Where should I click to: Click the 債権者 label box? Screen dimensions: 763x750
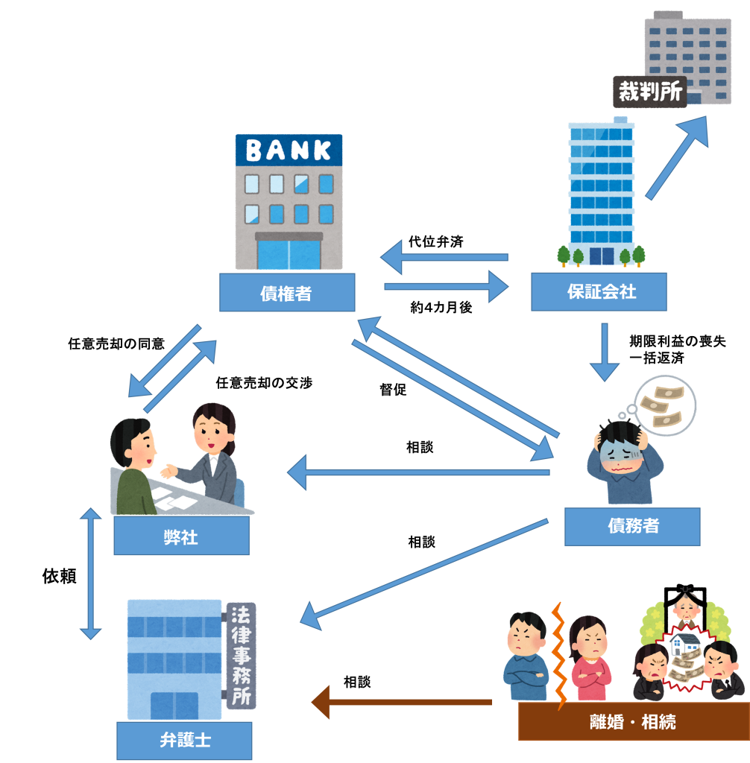coord(286,293)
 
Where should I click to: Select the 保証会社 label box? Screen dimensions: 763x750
coord(599,291)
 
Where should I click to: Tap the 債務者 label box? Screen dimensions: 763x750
coord(632,526)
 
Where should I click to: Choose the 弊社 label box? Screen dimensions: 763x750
coord(180,536)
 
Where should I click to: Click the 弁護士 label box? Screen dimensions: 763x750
coord(184,741)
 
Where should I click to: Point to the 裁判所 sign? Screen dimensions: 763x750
coord(649,92)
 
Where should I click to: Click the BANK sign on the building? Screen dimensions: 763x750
coord(289,151)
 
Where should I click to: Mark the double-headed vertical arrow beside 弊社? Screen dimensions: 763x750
coord(91,574)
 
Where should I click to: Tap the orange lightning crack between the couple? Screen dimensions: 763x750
coord(558,656)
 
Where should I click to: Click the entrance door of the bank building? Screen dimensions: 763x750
coord(289,253)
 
